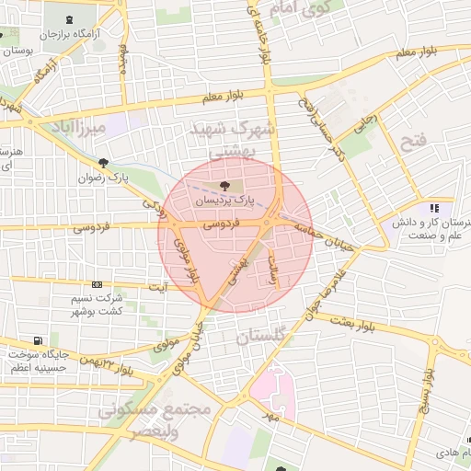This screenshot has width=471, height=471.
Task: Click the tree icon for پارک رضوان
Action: (x=104, y=163)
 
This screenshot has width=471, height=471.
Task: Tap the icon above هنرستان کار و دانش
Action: (x=433, y=208)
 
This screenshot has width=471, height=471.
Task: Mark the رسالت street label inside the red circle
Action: (x=273, y=270)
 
